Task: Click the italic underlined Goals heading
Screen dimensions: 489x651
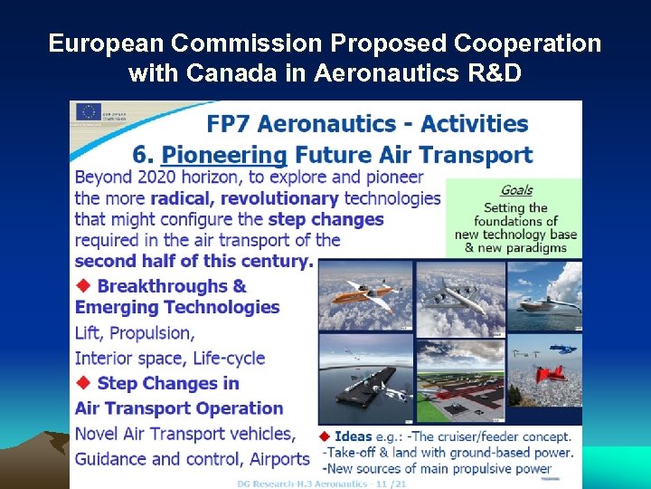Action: point(516,190)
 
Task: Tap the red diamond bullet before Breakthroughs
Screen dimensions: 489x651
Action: point(83,285)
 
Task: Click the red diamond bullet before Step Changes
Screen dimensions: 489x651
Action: point(83,382)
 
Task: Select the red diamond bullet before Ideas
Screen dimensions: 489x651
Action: point(327,436)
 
